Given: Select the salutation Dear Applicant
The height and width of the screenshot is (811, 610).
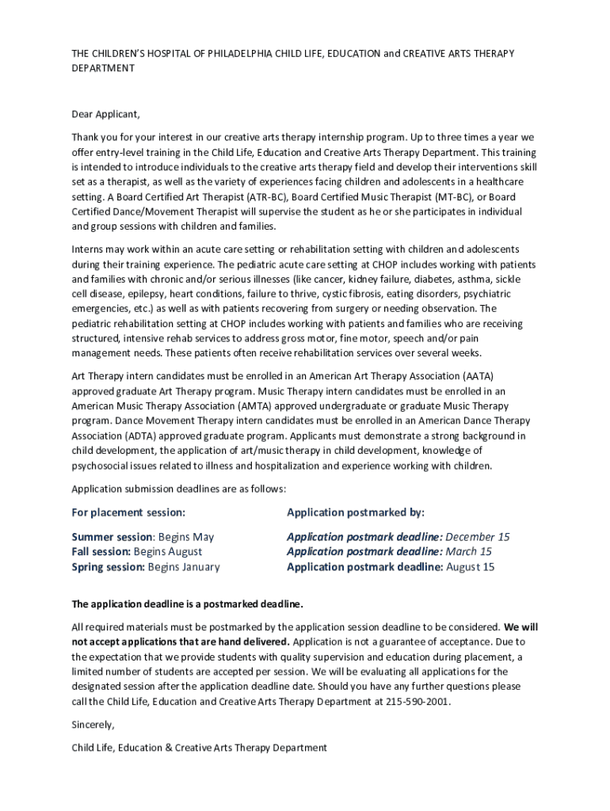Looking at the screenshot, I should pyautogui.click(x=106, y=114).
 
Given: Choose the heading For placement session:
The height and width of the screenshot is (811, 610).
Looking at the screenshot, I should pyautogui.click(x=128, y=512).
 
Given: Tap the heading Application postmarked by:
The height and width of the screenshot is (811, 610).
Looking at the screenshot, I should pyautogui.click(x=356, y=512).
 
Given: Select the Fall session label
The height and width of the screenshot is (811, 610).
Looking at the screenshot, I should pyautogui.click(x=101, y=551).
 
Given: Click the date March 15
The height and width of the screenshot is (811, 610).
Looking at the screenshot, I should pyautogui.click(x=468, y=551).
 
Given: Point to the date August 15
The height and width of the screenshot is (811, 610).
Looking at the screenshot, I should pyautogui.click(x=471, y=566).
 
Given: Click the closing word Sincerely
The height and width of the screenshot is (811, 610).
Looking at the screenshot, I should pyautogui.click(x=93, y=725).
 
